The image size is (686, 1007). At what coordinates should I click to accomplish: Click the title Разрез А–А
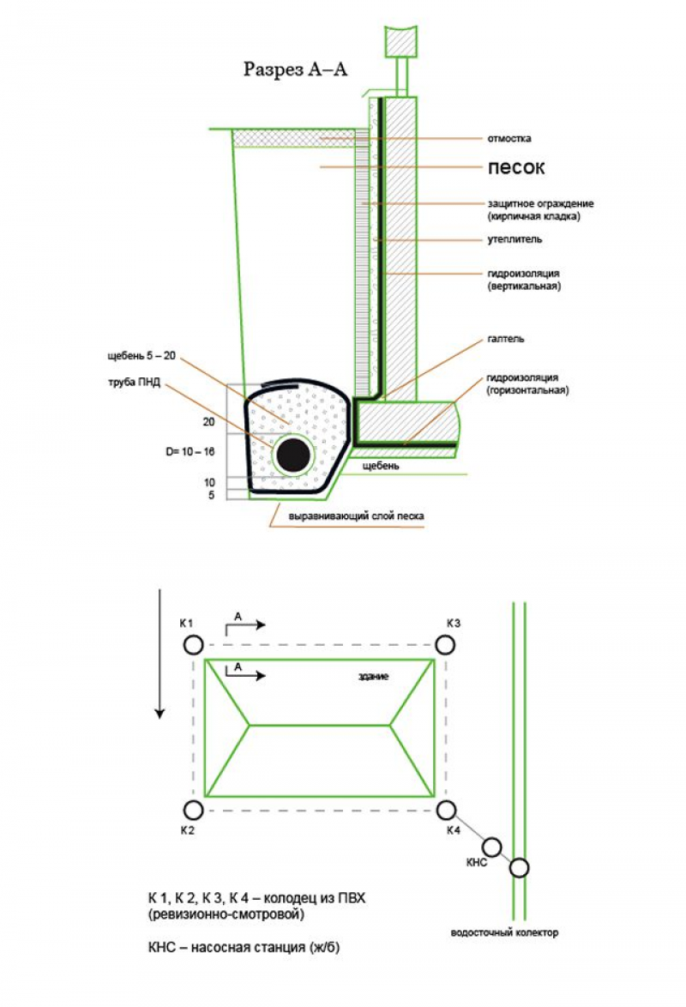295,69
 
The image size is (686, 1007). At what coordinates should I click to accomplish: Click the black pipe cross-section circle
294,453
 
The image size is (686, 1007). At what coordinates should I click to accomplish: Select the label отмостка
509,137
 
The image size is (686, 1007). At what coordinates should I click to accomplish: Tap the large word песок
516,167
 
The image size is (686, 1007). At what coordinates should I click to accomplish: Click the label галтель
506,339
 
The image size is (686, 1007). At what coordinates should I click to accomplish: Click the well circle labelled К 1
193,644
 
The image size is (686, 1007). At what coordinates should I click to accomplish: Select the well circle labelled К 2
193,809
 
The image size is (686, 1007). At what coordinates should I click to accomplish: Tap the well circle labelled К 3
444,644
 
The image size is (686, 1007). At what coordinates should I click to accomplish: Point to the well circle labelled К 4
444,809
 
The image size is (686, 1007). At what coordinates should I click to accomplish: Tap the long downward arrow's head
159,711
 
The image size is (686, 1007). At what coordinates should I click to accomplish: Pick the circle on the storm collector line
519,868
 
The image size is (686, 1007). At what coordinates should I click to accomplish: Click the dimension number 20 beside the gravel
208,422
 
